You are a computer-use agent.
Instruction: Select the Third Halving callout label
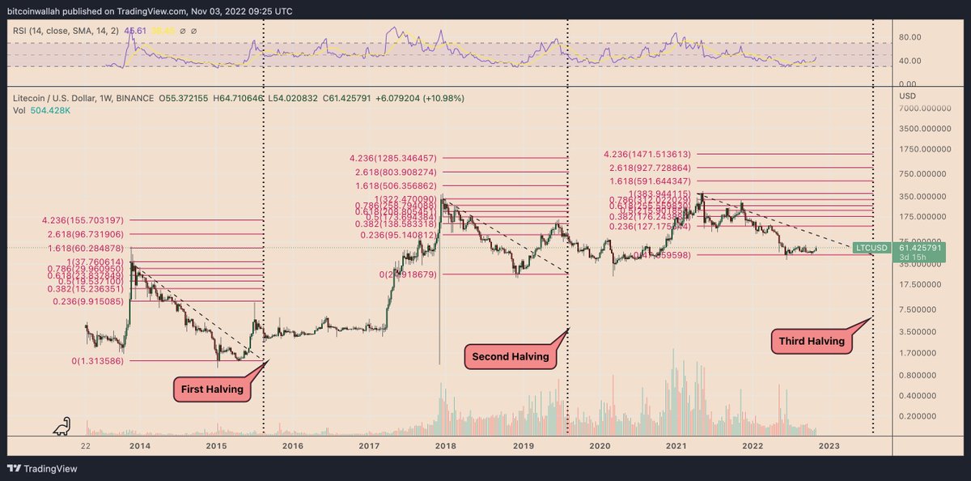click(x=812, y=341)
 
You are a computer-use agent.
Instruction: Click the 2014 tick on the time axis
click(x=139, y=445)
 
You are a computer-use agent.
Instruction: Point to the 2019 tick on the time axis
click(x=523, y=445)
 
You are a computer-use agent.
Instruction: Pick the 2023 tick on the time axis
click(x=829, y=445)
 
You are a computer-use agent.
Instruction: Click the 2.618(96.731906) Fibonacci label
click(x=85, y=233)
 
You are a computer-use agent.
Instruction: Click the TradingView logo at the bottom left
click(x=37, y=468)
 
